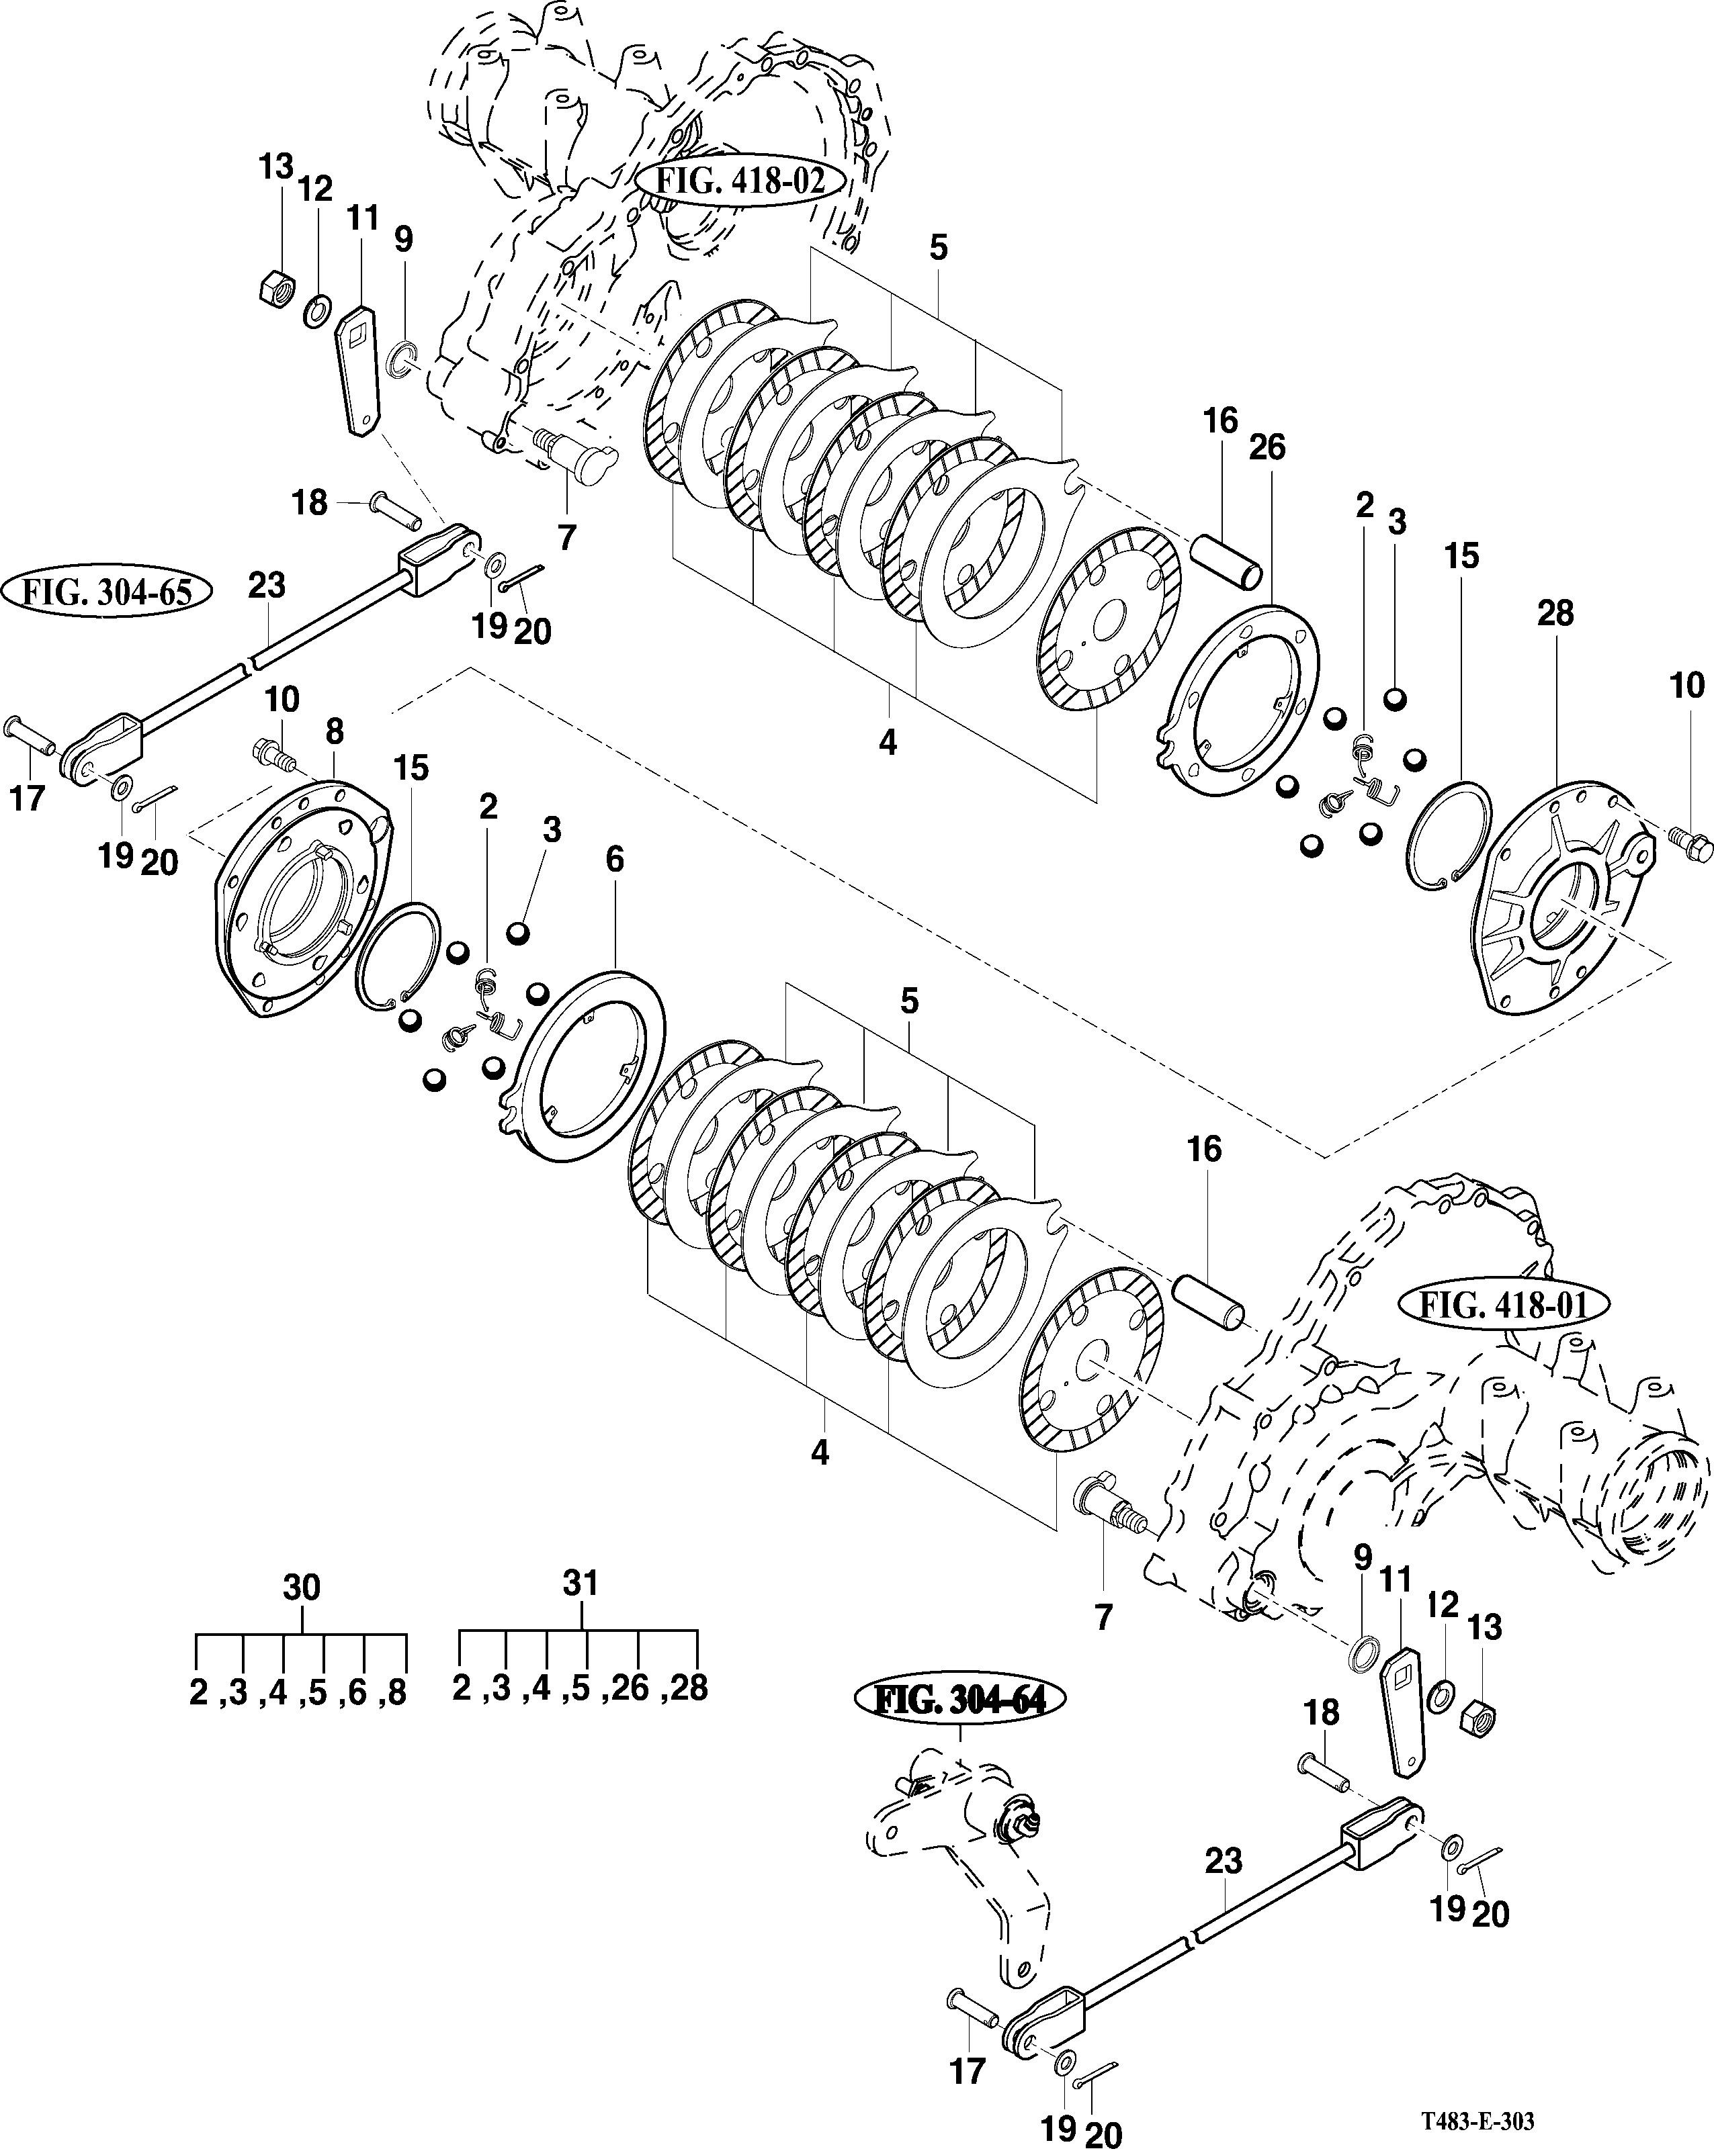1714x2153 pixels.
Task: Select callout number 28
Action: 1556,612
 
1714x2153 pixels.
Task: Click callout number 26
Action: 1267,447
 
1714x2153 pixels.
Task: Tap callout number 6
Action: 614,859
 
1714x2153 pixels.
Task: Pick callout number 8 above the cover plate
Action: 334,732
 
